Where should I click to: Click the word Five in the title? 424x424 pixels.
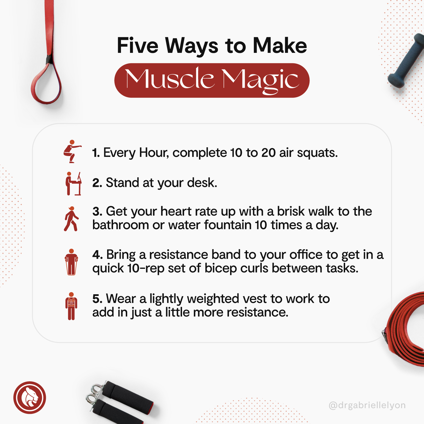pyautogui.click(x=138, y=46)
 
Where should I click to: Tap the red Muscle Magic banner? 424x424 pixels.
pyautogui.click(x=212, y=80)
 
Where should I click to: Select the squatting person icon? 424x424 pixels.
pyautogui.click(x=72, y=151)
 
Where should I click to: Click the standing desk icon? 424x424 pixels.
pyautogui.click(x=73, y=183)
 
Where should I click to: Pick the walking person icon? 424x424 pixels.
pyautogui.click(x=71, y=219)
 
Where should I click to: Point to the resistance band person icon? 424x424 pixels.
pyautogui.click(x=71, y=262)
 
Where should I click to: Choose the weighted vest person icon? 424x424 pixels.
pyautogui.click(x=71, y=306)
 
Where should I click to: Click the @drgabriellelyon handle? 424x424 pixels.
pyautogui.click(x=367, y=405)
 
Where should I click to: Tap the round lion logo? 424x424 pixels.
pyautogui.click(x=30, y=397)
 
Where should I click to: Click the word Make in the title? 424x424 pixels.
pyautogui.click(x=280, y=46)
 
